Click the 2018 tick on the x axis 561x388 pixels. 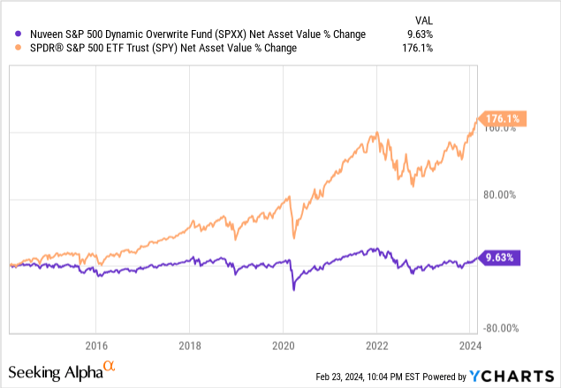[x=192, y=345]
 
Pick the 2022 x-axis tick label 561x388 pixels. [x=377, y=345]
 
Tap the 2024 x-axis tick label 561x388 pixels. [x=469, y=345]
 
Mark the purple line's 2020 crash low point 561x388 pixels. [x=294, y=288]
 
